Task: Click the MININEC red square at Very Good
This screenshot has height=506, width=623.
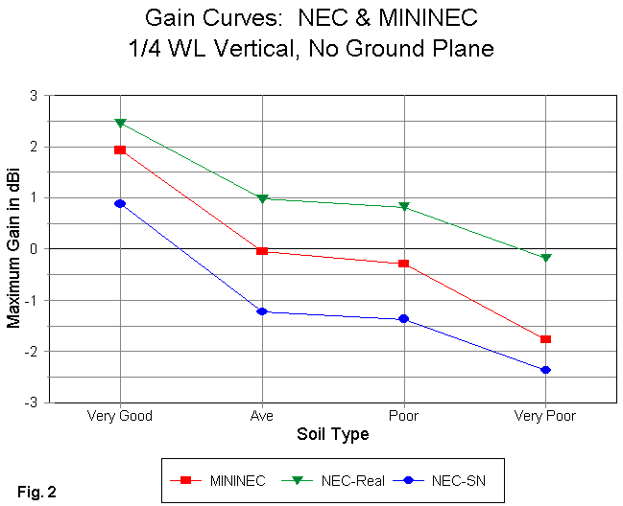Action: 120,149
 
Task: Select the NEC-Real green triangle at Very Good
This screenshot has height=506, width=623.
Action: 120,123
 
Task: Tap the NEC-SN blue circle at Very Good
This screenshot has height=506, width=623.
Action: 120,203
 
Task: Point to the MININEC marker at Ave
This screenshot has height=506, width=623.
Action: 261,251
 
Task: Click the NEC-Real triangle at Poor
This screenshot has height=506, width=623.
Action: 403,207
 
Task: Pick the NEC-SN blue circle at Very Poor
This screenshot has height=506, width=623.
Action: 545,370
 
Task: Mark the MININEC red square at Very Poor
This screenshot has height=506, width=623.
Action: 545,339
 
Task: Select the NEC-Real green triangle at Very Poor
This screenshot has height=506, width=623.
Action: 545,258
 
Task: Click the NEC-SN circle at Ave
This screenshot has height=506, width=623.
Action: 261,311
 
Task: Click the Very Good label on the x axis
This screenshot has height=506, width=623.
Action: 120,416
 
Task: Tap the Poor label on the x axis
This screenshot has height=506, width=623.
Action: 403,416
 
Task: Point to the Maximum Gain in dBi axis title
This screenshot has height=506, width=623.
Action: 13,249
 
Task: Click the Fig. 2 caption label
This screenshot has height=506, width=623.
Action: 36,493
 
